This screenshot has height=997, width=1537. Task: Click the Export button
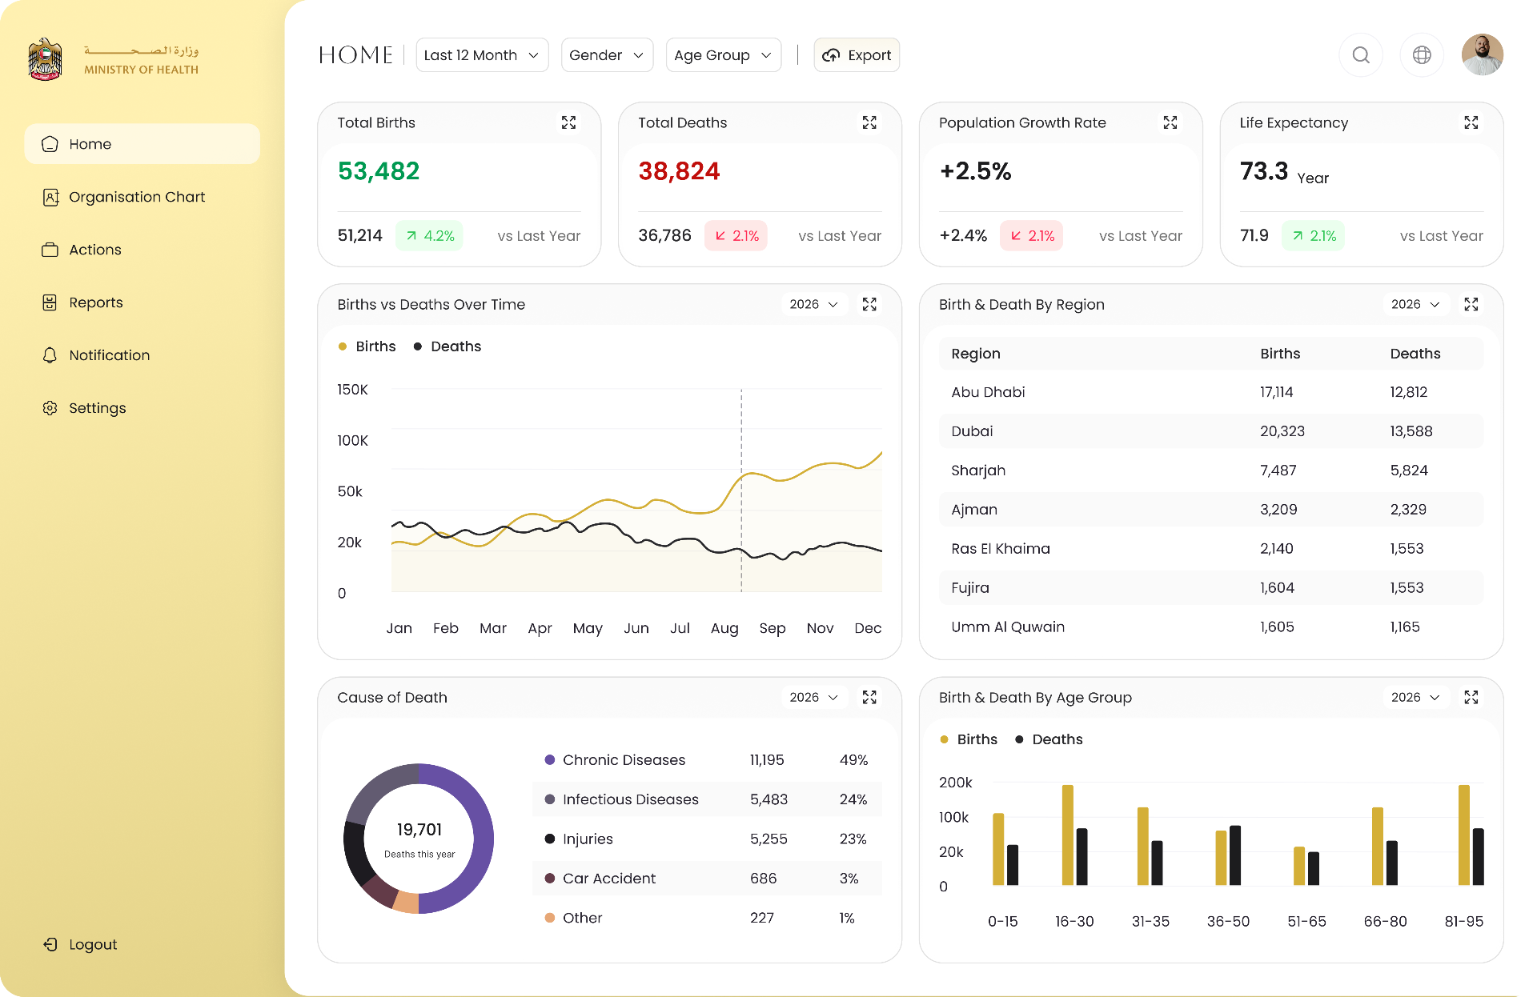tap(857, 55)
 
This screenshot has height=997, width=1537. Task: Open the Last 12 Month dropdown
tap(482, 55)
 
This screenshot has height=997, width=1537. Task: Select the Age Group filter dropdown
tap(724, 55)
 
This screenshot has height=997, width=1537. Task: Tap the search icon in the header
tap(1361, 55)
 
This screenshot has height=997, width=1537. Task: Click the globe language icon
tap(1422, 55)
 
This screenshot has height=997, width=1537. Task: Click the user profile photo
tap(1483, 55)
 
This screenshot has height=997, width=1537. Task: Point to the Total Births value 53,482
tap(379, 171)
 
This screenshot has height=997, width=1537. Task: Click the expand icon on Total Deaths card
tap(869, 122)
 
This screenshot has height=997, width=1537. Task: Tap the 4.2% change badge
tap(429, 236)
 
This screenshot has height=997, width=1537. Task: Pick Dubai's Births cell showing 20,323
tap(1282, 431)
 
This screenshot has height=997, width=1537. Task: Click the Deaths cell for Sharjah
tap(1409, 470)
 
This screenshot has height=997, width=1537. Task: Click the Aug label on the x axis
tap(724, 628)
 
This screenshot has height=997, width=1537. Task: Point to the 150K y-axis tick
tap(353, 390)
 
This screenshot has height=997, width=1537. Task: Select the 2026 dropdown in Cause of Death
tap(814, 698)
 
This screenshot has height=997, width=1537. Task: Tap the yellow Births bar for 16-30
tap(1068, 835)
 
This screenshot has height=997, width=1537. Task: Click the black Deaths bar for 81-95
tap(1479, 856)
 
